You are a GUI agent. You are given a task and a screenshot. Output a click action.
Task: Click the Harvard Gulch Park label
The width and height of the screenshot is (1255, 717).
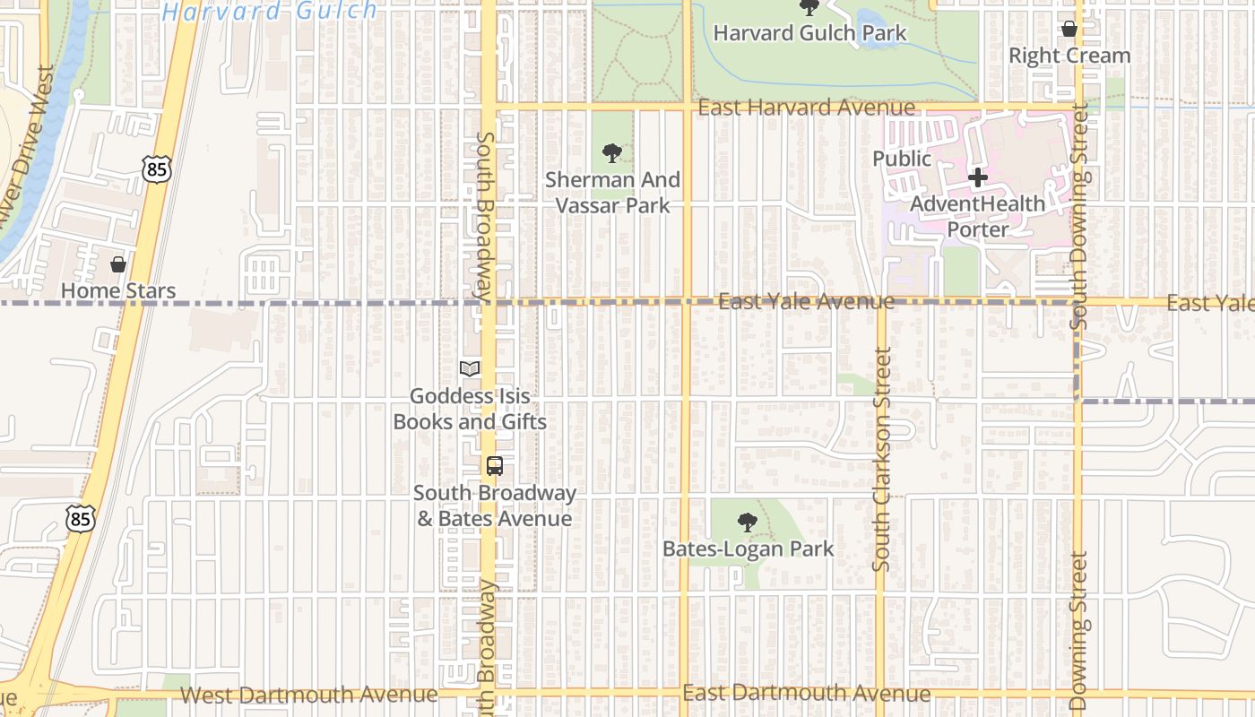click(809, 33)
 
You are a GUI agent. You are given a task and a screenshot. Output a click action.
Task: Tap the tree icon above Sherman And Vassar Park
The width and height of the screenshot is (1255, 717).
click(612, 153)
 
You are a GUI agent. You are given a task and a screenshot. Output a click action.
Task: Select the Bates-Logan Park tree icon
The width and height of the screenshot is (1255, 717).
click(747, 523)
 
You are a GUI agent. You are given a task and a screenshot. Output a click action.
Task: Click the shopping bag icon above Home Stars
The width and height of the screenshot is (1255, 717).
click(117, 264)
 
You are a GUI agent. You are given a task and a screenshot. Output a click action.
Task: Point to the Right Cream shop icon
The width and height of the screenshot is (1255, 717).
click(1069, 29)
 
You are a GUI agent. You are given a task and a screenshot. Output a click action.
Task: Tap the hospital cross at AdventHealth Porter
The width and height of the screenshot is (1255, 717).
click(977, 177)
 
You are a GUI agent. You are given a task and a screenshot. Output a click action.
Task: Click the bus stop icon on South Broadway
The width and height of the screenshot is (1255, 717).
click(494, 466)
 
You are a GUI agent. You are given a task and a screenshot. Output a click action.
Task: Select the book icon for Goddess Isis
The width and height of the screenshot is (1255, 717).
click(469, 368)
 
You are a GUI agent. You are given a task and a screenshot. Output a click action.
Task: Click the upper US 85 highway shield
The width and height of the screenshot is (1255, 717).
click(156, 168)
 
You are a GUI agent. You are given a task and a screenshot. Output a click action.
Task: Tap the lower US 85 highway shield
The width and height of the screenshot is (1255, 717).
click(81, 518)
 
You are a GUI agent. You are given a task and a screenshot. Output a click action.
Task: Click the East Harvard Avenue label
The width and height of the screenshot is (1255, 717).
click(806, 108)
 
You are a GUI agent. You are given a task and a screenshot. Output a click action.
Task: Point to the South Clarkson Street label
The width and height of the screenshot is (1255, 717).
click(882, 459)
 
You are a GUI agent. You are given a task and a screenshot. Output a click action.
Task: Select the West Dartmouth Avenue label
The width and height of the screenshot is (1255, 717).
click(308, 695)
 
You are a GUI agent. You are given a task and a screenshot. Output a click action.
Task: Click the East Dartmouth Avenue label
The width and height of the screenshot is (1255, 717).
click(806, 693)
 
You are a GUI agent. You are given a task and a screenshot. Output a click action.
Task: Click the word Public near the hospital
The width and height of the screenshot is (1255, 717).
click(902, 159)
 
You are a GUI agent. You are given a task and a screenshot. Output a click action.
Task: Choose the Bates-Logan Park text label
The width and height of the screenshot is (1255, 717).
click(748, 549)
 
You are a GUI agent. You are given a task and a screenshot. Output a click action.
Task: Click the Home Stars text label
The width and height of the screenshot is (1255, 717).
click(117, 291)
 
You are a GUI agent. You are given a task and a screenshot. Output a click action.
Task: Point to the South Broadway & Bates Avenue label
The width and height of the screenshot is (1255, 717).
click(494, 505)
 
